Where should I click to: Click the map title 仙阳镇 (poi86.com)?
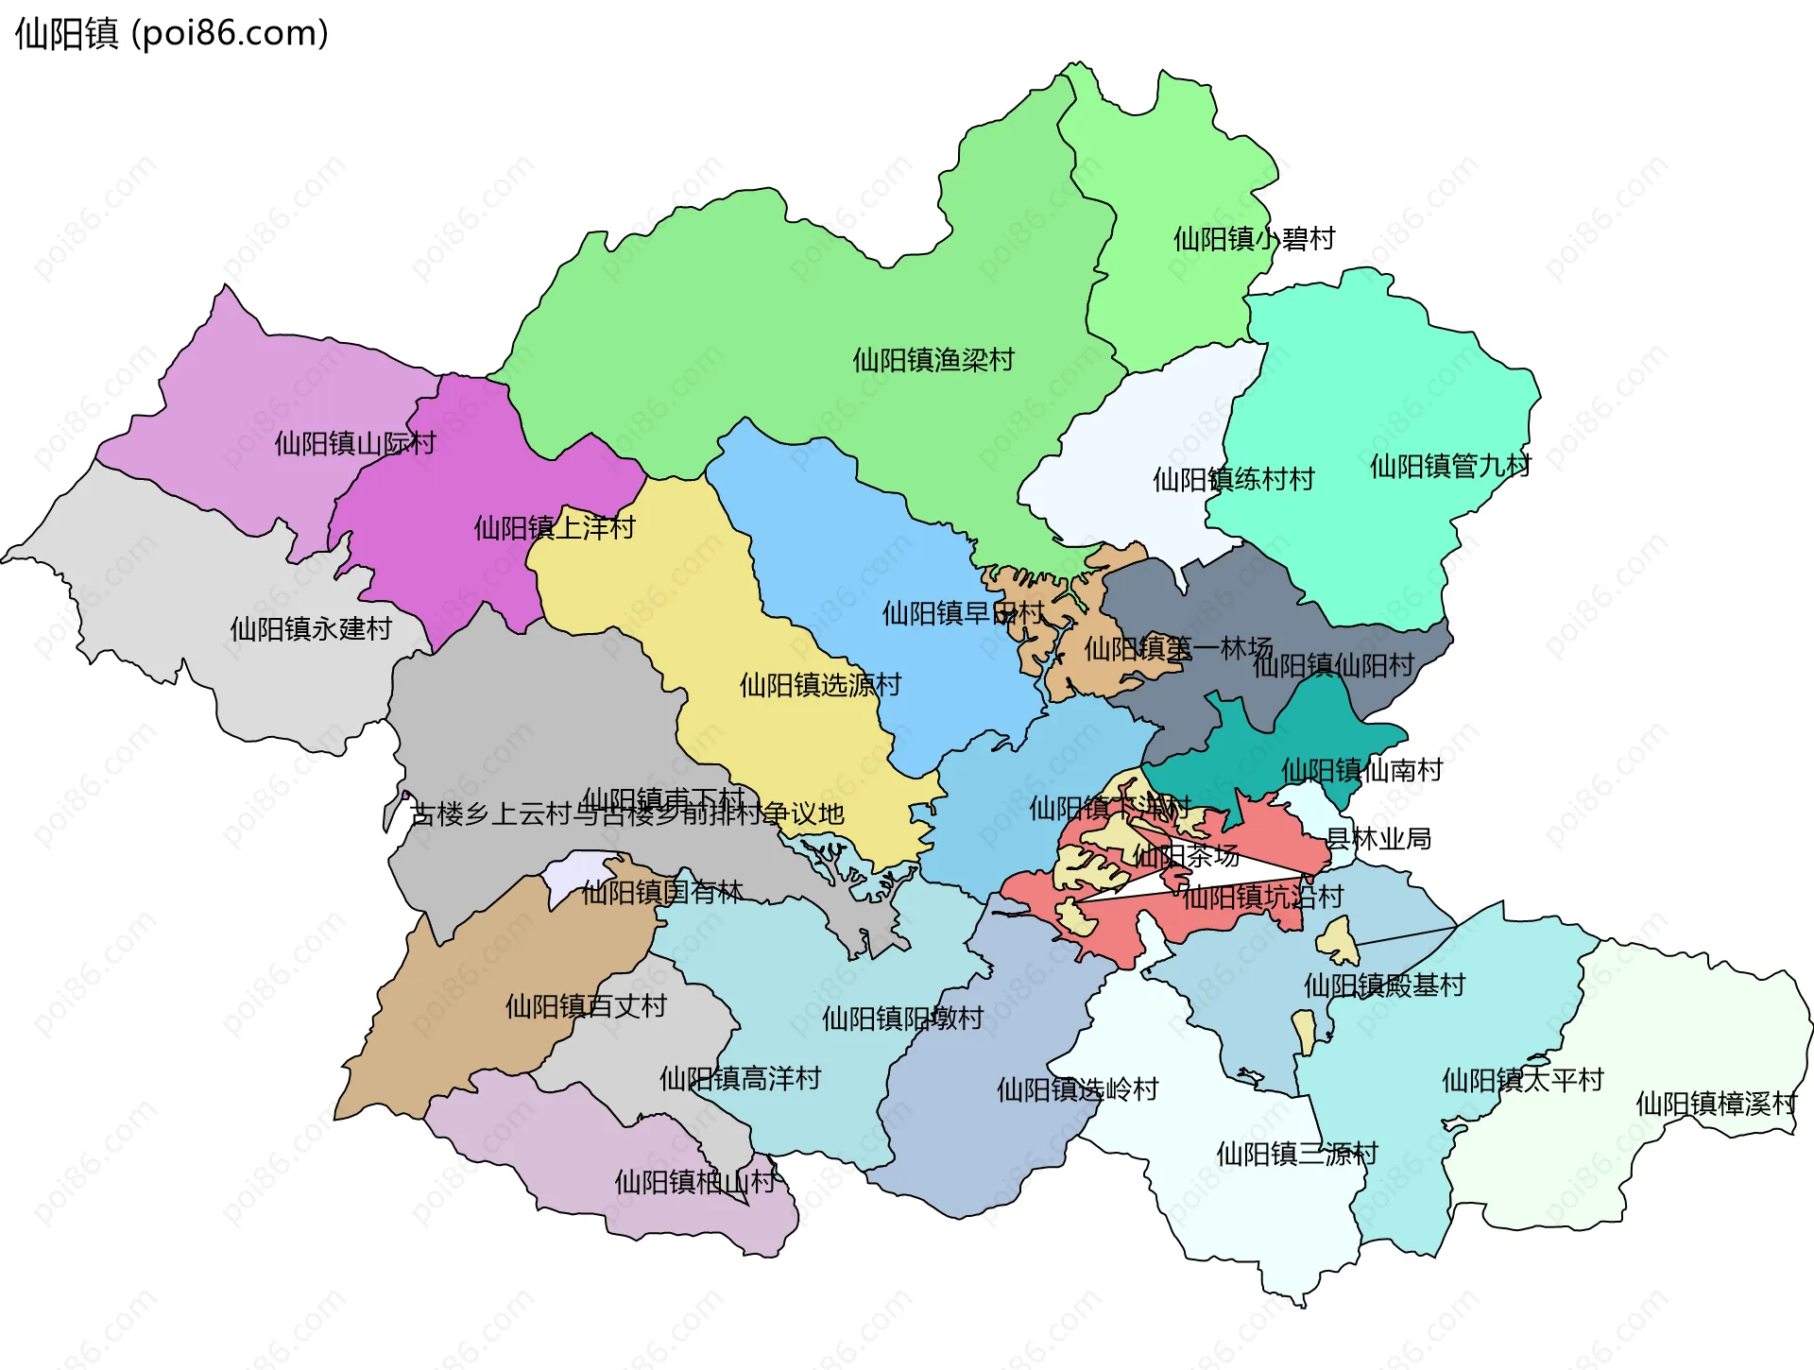click(x=172, y=33)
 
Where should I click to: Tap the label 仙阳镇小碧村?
click(x=1254, y=239)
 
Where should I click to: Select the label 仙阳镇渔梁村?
click(x=933, y=360)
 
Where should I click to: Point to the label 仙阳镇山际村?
click(x=355, y=443)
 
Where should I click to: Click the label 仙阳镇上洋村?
click(x=555, y=527)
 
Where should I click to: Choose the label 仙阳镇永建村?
click(x=311, y=628)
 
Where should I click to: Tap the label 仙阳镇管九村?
click(x=1450, y=466)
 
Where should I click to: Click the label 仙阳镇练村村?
click(x=1233, y=479)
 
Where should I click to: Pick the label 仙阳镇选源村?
click(x=820, y=684)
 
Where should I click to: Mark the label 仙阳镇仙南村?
click(x=1361, y=770)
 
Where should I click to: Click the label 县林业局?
click(x=1378, y=838)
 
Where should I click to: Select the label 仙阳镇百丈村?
click(x=586, y=1005)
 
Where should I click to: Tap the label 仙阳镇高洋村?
click(x=740, y=1078)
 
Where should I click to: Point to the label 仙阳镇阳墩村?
click(x=902, y=1018)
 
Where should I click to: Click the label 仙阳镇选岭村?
click(x=1077, y=1089)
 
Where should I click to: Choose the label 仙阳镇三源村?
click(x=1297, y=1154)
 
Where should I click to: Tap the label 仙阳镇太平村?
click(x=1522, y=1080)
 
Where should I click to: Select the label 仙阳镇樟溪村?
click(x=1716, y=1104)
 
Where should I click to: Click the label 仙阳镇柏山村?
click(x=694, y=1182)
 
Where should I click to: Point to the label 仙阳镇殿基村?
click(x=1384, y=985)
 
